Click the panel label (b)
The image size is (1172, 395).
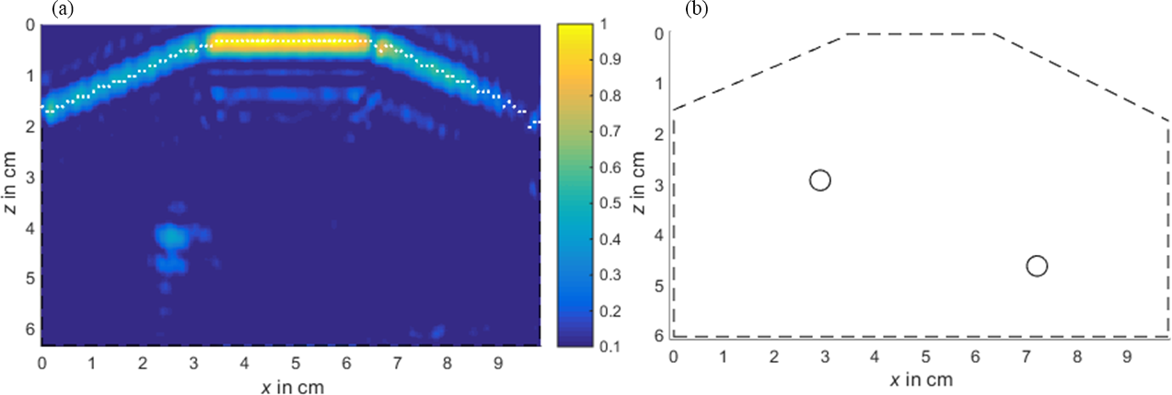pyautogui.click(x=696, y=9)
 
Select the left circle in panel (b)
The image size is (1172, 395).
pyautogui.click(x=820, y=180)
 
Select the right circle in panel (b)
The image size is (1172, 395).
pyautogui.click(x=1037, y=266)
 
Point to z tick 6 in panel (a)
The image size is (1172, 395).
pyautogui.click(x=29, y=328)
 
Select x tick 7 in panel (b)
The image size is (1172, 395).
pyautogui.click(x=1027, y=355)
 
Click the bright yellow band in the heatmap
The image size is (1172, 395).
pyautogui.click(x=292, y=41)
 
